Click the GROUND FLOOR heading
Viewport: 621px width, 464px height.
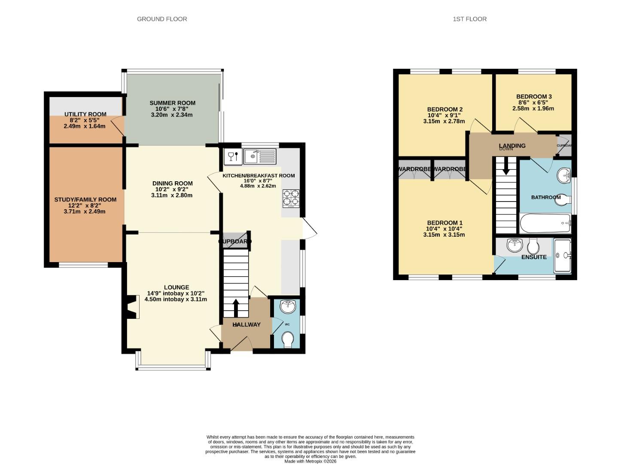162,19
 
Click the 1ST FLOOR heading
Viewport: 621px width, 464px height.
469,19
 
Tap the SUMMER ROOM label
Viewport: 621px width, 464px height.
172,103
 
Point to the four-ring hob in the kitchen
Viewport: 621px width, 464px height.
291,198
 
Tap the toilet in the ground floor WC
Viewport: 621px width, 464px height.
288,339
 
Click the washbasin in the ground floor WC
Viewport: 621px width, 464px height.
287,307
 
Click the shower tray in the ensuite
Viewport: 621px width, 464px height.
562,256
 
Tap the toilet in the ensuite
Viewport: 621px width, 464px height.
533,246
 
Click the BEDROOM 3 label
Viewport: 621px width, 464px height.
533,97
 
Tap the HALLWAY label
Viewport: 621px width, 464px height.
247,324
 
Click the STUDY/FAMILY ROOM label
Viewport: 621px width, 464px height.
85,199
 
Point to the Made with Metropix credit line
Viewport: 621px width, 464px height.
310,461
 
